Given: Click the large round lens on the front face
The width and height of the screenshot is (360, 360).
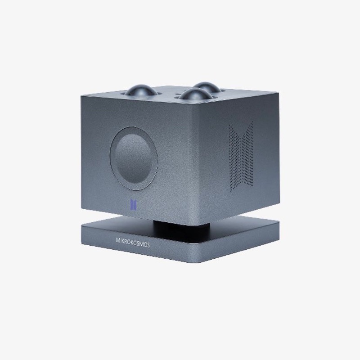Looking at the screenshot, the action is coord(134,158).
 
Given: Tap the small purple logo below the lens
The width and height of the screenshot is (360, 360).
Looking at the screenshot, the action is coord(133,205).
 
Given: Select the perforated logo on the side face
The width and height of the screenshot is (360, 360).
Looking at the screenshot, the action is coord(241,156).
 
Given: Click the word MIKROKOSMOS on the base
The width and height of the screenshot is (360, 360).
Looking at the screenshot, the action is coord(133,243).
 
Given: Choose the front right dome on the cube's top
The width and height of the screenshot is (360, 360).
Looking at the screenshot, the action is coord(195,94).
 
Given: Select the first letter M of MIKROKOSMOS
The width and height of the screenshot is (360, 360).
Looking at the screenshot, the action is coord(118,240).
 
